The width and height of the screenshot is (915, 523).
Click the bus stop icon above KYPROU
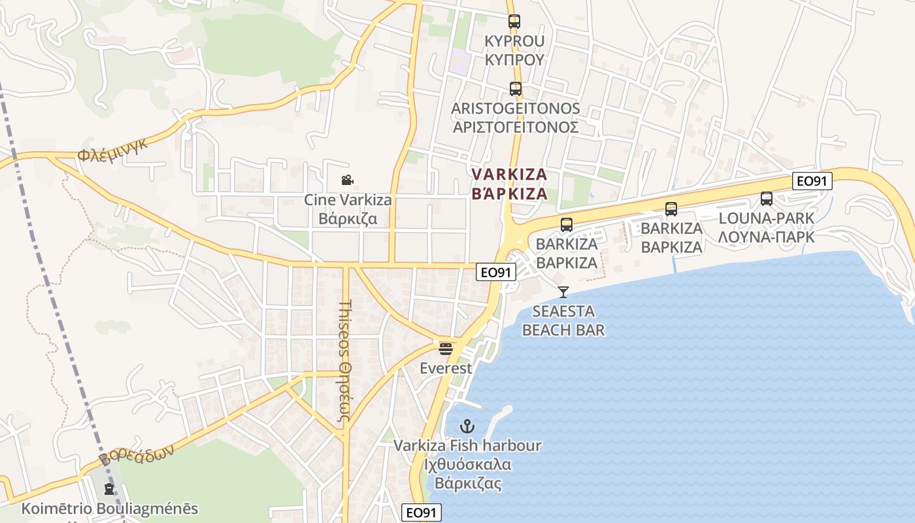click(x=514, y=22)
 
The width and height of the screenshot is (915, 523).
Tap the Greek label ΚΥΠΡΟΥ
click(x=514, y=59)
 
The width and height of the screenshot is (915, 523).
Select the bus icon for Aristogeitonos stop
click(x=516, y=89)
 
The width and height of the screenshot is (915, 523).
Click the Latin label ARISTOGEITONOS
click(x=516, y=108)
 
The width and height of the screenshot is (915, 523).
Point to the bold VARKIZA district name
click(x=510, y=175)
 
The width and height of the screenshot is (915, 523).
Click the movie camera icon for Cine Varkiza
click(x=347, y=180)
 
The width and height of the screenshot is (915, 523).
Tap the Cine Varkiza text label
click(x=348, y=200)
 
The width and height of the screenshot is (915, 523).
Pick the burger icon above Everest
click(x=446, y=348)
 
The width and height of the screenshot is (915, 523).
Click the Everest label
click(x=446, y=368)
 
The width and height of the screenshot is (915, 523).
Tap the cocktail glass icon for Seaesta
click(x=563, y=292)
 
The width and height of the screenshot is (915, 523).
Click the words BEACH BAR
click(x=563, y=330)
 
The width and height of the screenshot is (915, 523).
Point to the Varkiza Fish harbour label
click(x=467, y=446)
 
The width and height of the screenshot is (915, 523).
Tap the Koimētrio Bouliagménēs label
click(x=110, y=509)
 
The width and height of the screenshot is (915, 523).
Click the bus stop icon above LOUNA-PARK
click(x=767, y=199)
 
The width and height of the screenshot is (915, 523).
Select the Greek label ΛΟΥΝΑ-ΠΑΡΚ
click(x=767, y=237)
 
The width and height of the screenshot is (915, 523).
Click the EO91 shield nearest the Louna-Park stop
click(x=812, y=181)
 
